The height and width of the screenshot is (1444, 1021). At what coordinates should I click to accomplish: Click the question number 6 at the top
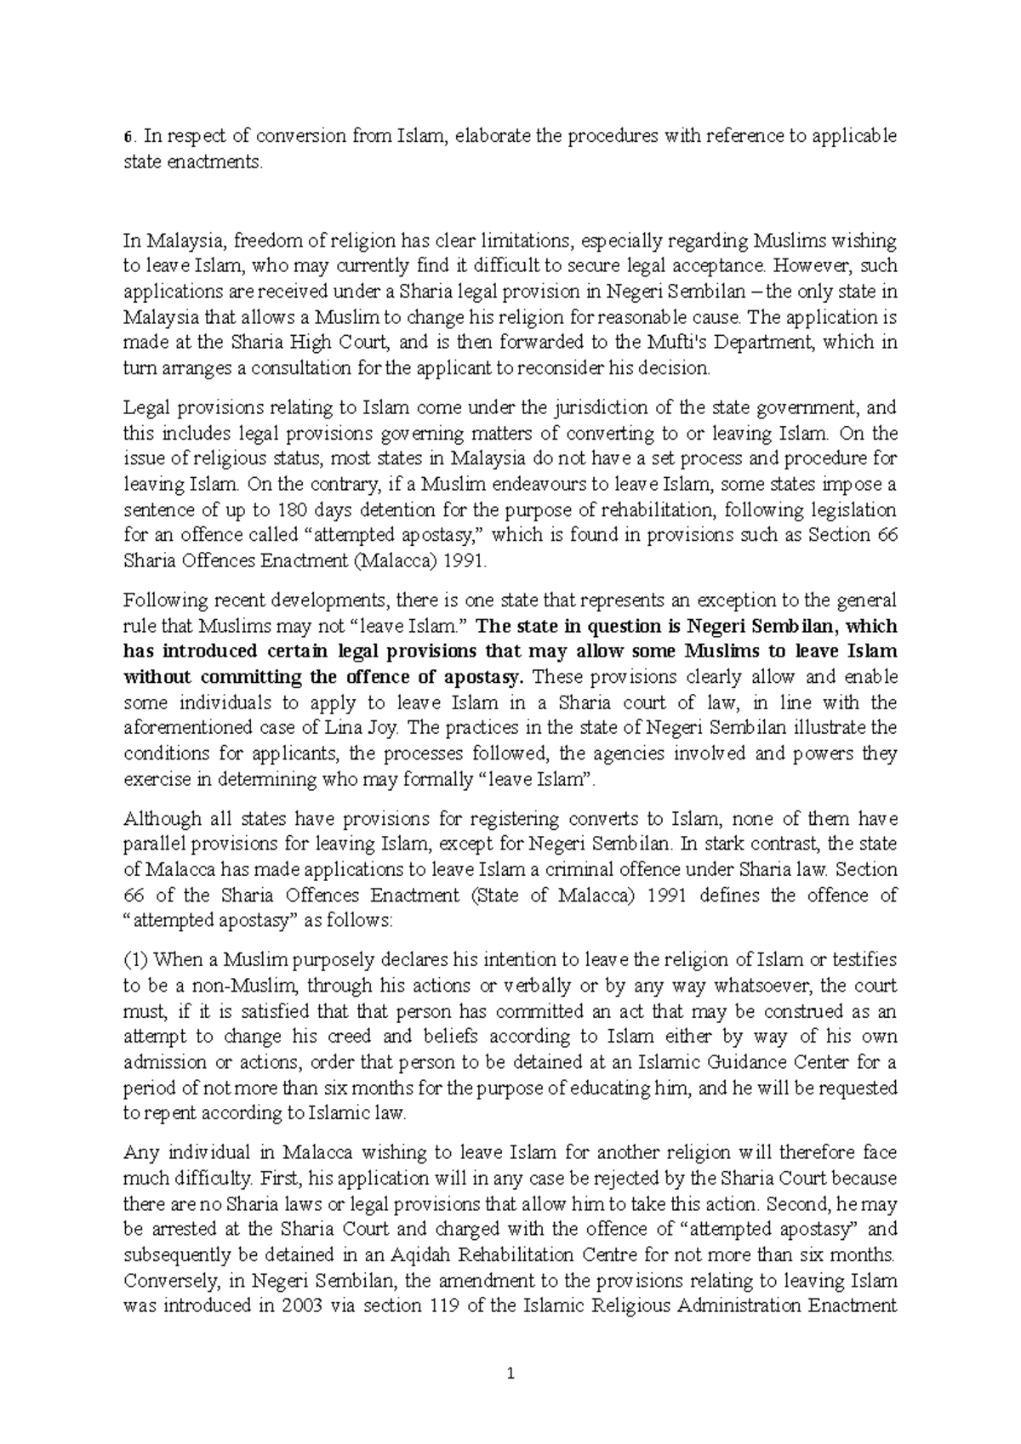pos(127,138)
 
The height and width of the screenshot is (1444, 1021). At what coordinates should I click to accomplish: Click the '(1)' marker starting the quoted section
pos(136,961)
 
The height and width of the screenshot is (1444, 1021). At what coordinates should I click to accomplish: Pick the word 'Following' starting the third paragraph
pos(159,601)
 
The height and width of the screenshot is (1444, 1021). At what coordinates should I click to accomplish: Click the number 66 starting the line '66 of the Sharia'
pos(134,895)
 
